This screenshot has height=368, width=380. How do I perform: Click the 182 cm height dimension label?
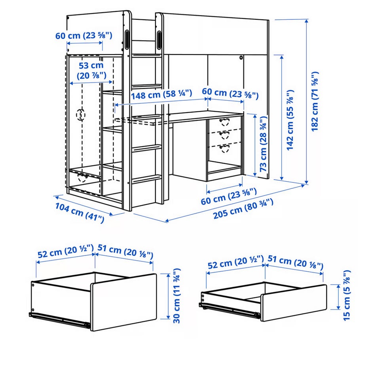pos(315,101)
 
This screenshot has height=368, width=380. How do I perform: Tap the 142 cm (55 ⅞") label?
pos(290,120)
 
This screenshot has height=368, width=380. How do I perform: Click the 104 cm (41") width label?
pos(80,213)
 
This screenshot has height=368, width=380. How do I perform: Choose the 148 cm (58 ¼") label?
pos(161,94)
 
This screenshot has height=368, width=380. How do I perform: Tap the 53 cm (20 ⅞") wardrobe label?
pos(91,70)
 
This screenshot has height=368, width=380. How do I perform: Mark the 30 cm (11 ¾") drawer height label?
pos(177,296)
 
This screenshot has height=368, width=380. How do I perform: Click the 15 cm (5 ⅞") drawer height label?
pos(347,295)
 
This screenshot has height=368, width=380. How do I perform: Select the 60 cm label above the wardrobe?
pos(84,36)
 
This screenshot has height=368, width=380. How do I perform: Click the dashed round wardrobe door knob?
pos(81,115)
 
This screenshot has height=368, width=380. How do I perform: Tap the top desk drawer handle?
pos(224,122)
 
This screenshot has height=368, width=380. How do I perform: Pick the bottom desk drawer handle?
pos(224,148)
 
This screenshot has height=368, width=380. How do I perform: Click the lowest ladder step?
pos(146,179)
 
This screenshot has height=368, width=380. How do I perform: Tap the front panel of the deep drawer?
pos(124,302)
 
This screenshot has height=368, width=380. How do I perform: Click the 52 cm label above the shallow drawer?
pos(236,262)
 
